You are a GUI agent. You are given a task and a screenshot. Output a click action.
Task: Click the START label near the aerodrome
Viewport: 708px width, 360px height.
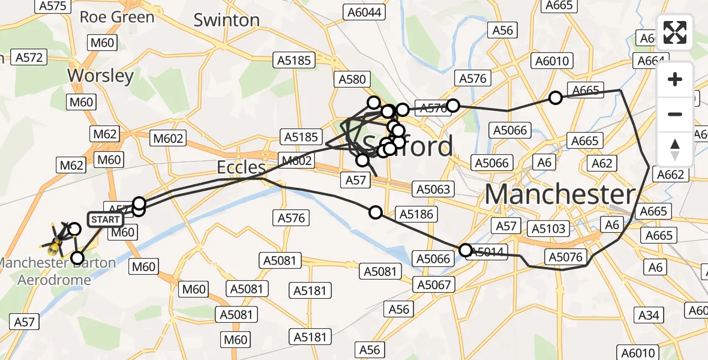106,220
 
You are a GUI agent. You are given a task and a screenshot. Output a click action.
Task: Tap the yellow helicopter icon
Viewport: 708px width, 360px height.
56,243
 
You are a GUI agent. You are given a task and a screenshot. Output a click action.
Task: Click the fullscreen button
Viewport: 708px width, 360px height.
675,32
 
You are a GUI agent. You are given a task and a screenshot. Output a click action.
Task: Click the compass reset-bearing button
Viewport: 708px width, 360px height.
675,149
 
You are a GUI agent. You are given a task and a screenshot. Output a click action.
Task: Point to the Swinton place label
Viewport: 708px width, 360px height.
226,20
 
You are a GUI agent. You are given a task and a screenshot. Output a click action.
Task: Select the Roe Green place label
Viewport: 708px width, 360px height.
117,16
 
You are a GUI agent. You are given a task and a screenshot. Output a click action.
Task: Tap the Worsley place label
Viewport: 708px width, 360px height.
100,76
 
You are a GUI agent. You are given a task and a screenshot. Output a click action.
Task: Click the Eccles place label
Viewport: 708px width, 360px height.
242,167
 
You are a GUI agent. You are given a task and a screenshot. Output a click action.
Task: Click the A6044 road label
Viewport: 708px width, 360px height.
363,12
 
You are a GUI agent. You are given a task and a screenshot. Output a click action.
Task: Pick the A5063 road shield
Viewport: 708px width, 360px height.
432,190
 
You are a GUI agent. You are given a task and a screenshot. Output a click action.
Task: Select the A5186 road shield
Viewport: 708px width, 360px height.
415,214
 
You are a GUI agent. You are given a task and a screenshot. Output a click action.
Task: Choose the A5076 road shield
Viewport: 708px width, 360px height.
565,257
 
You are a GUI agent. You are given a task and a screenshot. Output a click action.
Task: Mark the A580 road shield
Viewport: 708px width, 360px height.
352,80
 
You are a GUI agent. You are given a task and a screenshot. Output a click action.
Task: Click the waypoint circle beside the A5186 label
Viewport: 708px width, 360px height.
376,212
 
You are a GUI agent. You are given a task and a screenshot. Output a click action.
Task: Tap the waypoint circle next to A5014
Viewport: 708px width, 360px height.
466,250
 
